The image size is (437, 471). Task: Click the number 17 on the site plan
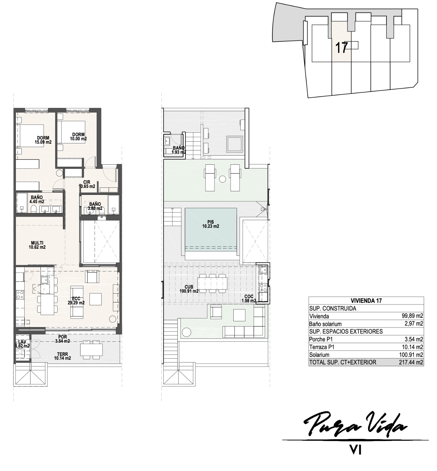(342, 48)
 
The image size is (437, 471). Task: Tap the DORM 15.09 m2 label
(43, 140)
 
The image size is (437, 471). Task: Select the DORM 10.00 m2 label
(78, 137)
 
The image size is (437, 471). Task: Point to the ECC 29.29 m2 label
(76, 301)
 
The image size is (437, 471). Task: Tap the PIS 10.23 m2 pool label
(211, 224)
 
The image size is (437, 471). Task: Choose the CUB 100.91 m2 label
(189, 289)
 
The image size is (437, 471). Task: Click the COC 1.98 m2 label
(249, 298)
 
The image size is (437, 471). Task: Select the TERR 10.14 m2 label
(62, 356)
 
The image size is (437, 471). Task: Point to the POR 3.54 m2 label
(63, 339)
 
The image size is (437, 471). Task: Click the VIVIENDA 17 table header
(366, 301)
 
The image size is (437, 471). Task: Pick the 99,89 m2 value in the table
(412, 316)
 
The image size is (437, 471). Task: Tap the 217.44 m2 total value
(411, 362)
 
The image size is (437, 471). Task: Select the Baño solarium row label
(325, 324)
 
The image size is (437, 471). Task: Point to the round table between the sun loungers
(222, 179)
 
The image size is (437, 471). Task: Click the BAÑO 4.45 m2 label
(37, 199)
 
